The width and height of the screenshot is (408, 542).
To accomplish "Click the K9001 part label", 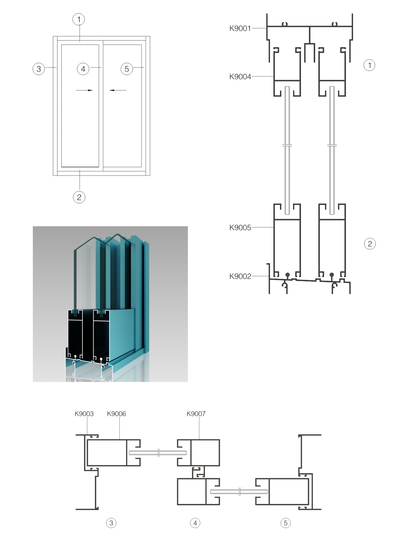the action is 240,28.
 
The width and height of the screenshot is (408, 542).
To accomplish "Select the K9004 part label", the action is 240,77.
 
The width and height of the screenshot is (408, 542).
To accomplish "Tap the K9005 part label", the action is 240,228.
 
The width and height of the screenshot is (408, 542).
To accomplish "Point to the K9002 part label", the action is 240,276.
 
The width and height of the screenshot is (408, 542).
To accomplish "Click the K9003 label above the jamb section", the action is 84,414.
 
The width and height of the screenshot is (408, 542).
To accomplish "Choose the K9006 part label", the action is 116,414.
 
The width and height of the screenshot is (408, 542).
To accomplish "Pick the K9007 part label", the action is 196,414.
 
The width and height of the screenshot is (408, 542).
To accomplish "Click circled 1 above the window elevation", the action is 79,19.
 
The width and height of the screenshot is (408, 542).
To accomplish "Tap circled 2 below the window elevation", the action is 79,197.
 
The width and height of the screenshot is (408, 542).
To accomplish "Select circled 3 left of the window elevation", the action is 39,69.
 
